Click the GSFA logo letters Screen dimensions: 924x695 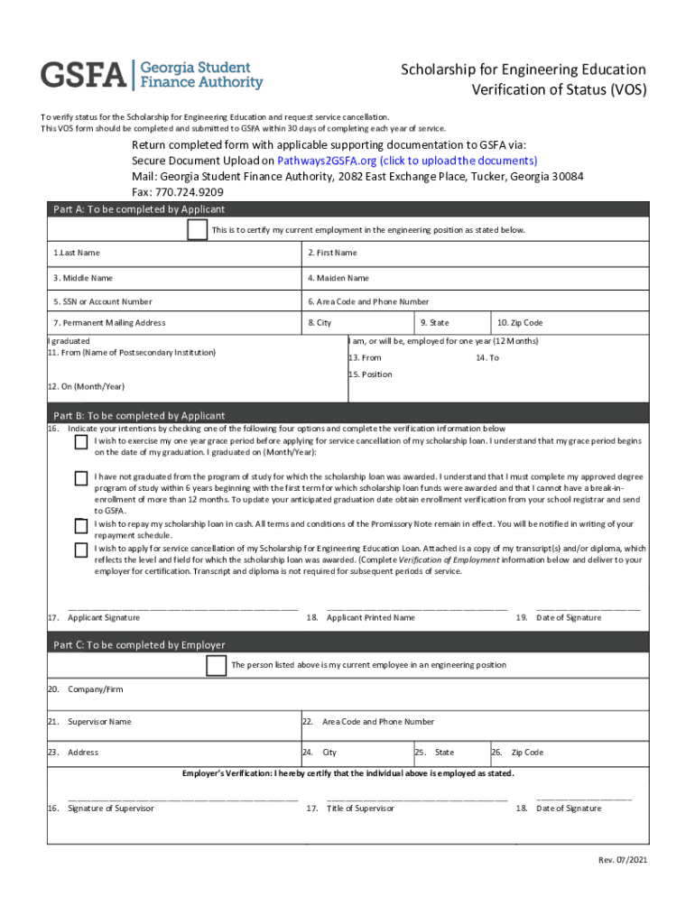pos(83,76)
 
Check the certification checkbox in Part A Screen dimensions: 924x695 pos(196,230)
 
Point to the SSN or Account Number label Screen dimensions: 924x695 pos(102,301)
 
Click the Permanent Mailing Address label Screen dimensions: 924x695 pos(108,322)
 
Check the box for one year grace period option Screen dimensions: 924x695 pos(81,442)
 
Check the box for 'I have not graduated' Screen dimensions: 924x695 pos(81,477)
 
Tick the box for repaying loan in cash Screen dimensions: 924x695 pos(81,525)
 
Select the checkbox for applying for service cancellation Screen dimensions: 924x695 pos(81,549)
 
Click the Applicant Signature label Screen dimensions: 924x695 pos(103,617)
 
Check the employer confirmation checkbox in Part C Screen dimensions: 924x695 pos(216,666)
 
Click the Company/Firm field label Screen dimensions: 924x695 pos(95,689)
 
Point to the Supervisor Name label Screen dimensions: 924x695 pos(99,722)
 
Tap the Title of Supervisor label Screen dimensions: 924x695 pos(360,808)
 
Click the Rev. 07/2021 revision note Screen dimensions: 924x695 pos(623,859)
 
